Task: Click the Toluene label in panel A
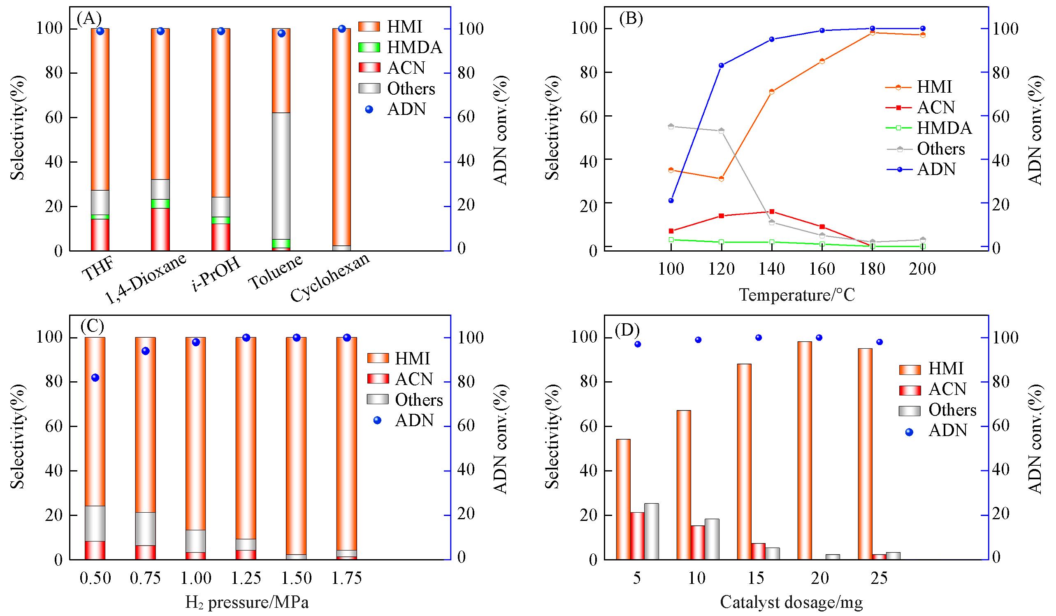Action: [275, 272]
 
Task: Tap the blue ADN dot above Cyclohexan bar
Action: [341, 29]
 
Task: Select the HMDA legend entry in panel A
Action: [414, 47]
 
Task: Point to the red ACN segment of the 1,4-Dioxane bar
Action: [160, 229]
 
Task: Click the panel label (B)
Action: [631, 19]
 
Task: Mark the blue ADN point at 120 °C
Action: [721, 65]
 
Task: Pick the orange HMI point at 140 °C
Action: [771, 92]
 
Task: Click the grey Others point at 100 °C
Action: [671, 126]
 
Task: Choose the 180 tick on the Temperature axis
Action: [872, 268]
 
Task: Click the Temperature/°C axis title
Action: [796, 295]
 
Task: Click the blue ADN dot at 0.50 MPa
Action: [95, 378]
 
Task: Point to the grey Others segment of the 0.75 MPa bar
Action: [145, 529]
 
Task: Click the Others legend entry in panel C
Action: [418, 400]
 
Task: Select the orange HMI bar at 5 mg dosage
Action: [623, 499]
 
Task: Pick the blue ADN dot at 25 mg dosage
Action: [880, 342]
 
